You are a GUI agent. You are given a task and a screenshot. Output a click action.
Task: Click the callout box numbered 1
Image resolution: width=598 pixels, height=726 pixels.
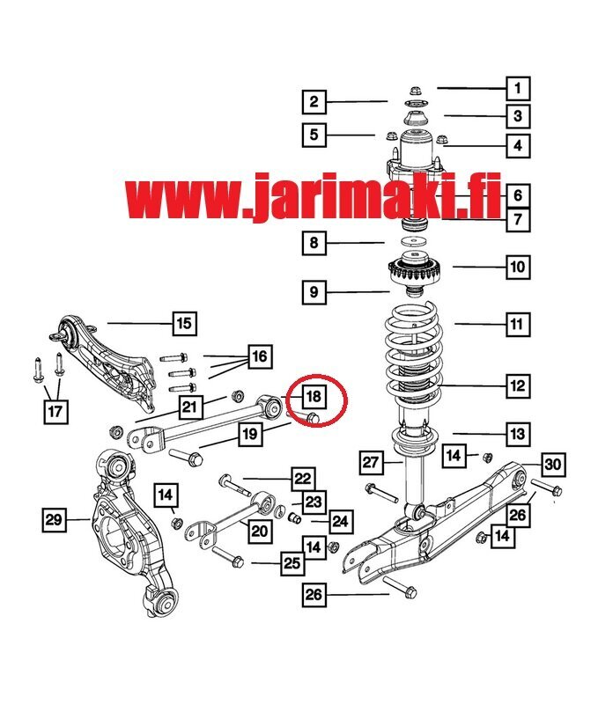tap(517, 88)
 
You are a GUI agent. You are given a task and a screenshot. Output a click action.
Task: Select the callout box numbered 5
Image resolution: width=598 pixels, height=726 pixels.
tap(314, 135)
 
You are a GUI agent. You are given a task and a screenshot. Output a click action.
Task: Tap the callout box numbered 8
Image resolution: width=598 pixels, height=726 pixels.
tap(314, 243)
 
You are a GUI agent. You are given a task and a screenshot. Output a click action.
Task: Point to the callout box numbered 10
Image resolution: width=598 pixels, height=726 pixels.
tap(517, 267)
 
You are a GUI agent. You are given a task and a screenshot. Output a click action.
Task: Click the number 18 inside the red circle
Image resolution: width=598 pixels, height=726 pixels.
tap(314, 396)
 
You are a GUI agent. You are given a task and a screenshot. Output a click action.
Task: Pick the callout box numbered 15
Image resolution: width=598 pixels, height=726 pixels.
tap(184, 323)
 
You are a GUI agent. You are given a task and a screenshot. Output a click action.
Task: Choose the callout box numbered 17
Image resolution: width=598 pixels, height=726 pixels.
tap(55, 411)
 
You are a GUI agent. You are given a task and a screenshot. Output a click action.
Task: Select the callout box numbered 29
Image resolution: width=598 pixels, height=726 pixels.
tap(54, 519)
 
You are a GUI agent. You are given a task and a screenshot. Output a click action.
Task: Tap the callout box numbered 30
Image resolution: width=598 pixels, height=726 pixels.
tap(553, 464)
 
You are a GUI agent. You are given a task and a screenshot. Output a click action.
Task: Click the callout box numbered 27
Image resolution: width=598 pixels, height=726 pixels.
tap(371, 462)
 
